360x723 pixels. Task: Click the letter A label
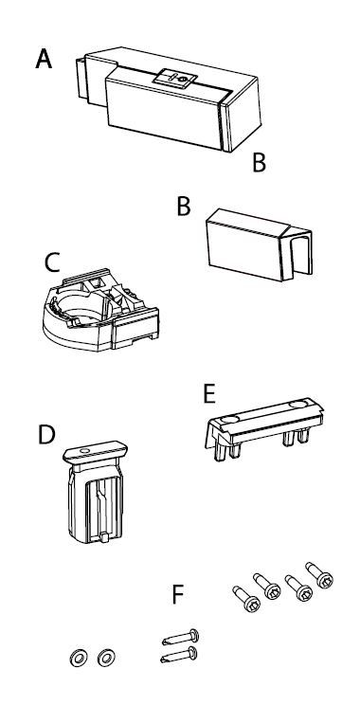tap(44, 59)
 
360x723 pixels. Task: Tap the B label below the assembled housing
tap(260, 162)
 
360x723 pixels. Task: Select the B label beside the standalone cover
tap(184, 207)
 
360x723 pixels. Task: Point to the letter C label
tap(52, 262)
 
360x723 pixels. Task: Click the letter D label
tap(46, 435)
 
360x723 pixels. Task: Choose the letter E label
tap(209, 394)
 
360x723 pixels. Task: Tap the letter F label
tap(178, 594)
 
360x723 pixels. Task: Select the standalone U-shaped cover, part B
tap(259, 244)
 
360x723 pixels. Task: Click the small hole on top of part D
tap(83, 449)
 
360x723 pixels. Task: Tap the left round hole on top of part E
tap(229, 420)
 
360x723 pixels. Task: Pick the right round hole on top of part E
tap(298, 405)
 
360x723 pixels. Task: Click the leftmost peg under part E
tap(217, 453)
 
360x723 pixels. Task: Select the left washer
tap(79, 658)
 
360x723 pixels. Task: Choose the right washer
tap(106, 658)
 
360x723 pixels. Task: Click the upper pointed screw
tap(181, 638)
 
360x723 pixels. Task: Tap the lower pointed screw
tap(179, 655)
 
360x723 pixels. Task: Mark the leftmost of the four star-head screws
tap(246, 600)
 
